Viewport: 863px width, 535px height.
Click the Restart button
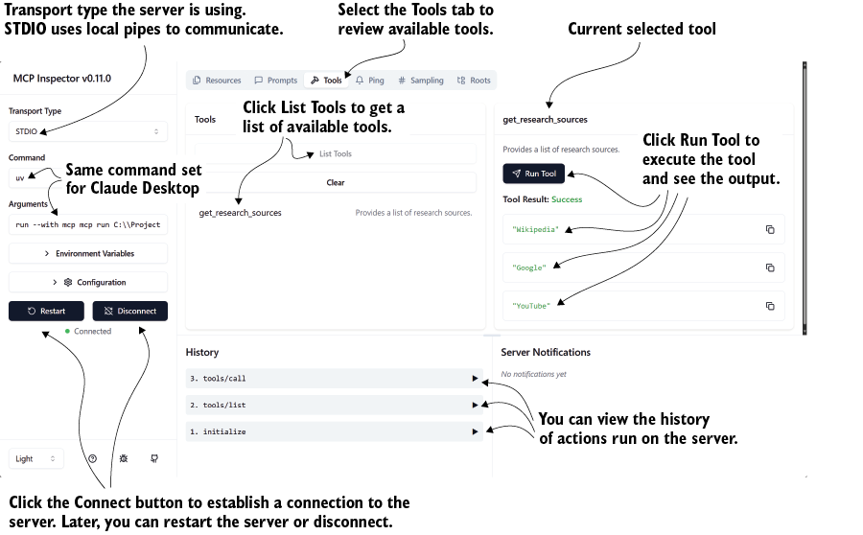(46, 311)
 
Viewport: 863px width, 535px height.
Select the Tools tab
(326, 81)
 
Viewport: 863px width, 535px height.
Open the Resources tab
(217, 81)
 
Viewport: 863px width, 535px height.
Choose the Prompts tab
(276, 81)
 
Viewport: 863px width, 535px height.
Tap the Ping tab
(370, 81)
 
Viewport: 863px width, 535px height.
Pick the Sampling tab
(421, 81)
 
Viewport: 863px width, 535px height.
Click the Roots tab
(474, 81)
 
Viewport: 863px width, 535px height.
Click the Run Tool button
(534, 174)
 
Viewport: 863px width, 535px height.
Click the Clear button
(336, 182)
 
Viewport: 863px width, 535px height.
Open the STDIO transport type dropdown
(88, 131)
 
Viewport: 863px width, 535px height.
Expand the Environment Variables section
(88, 253)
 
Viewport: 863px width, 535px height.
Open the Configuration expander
(88, 282)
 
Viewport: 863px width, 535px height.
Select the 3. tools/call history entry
(334, 378)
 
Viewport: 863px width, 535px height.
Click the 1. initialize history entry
(334, 431)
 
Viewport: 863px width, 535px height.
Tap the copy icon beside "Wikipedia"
(770, 229)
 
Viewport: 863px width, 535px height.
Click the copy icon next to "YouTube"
(770, 306)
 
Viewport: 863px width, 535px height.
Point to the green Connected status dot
(67, 332)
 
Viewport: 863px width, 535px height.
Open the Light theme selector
(36, 458)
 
